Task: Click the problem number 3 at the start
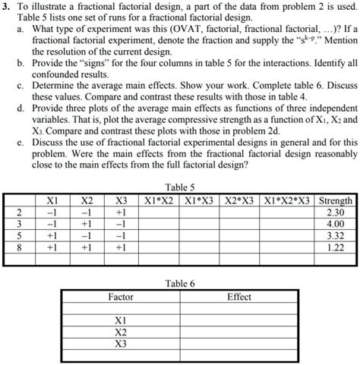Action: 5,7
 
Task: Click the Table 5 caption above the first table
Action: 180,187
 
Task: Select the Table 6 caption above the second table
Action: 180,283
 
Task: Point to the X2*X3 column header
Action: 243,200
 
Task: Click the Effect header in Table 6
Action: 239,297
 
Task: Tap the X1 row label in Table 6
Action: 120,320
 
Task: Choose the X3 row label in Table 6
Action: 120,344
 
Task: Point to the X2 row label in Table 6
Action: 120,332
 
